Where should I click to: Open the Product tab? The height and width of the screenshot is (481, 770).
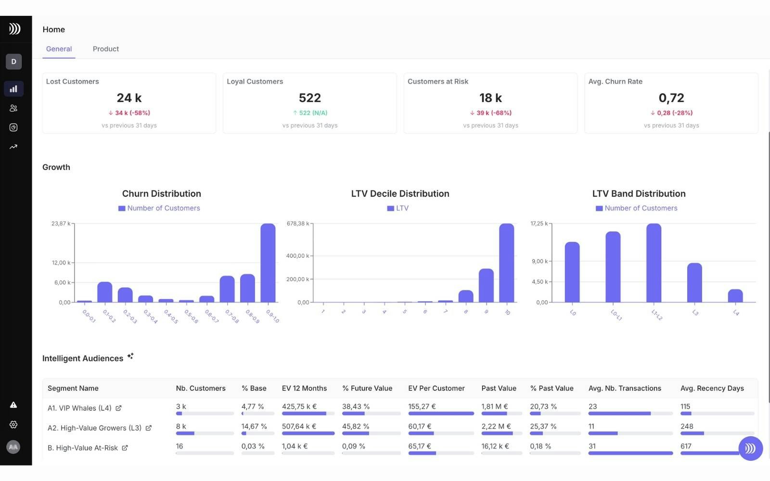pyautogui.click(x=105, y=49)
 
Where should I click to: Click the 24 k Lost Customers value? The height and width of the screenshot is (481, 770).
pyautogui.click(x=129, y=98)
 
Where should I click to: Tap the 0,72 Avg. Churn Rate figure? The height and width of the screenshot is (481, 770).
pyautogui.click(x=671, y=98)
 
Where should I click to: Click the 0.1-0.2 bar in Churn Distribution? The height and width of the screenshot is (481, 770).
pyautogui.click(x=105, y=292)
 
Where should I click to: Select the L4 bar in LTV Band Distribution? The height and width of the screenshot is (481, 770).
pyautogui.click(x=735, y=296)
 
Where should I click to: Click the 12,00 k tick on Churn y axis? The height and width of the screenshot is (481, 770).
pyautogui.click(x=61, y=263)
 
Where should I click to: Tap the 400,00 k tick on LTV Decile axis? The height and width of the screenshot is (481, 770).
pyautogui.click(x=297, y=256)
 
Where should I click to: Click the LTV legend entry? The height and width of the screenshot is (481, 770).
pyautogui.click(x=398, y=208)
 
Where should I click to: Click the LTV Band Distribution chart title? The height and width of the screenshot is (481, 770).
pyautogui.click(x=639, y=194)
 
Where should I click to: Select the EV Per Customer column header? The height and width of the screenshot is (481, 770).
pyautogui.click(x=436, y=388)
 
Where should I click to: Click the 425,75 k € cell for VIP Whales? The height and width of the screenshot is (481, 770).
pyautogui.click(x=299, y=406)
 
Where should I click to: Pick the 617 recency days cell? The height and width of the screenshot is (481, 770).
pyautogui.click(x=686, y=446)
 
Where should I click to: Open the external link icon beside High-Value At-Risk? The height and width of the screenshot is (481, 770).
pyautogui.click(x=125, y=448)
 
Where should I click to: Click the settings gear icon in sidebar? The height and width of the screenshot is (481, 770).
pyautogui.click(x=13, y=425)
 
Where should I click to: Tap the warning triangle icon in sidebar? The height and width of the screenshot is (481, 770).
pyautogui.click(x=13, y=405)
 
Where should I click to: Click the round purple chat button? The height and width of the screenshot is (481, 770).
pyautogui.click(x=750, y=448)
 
